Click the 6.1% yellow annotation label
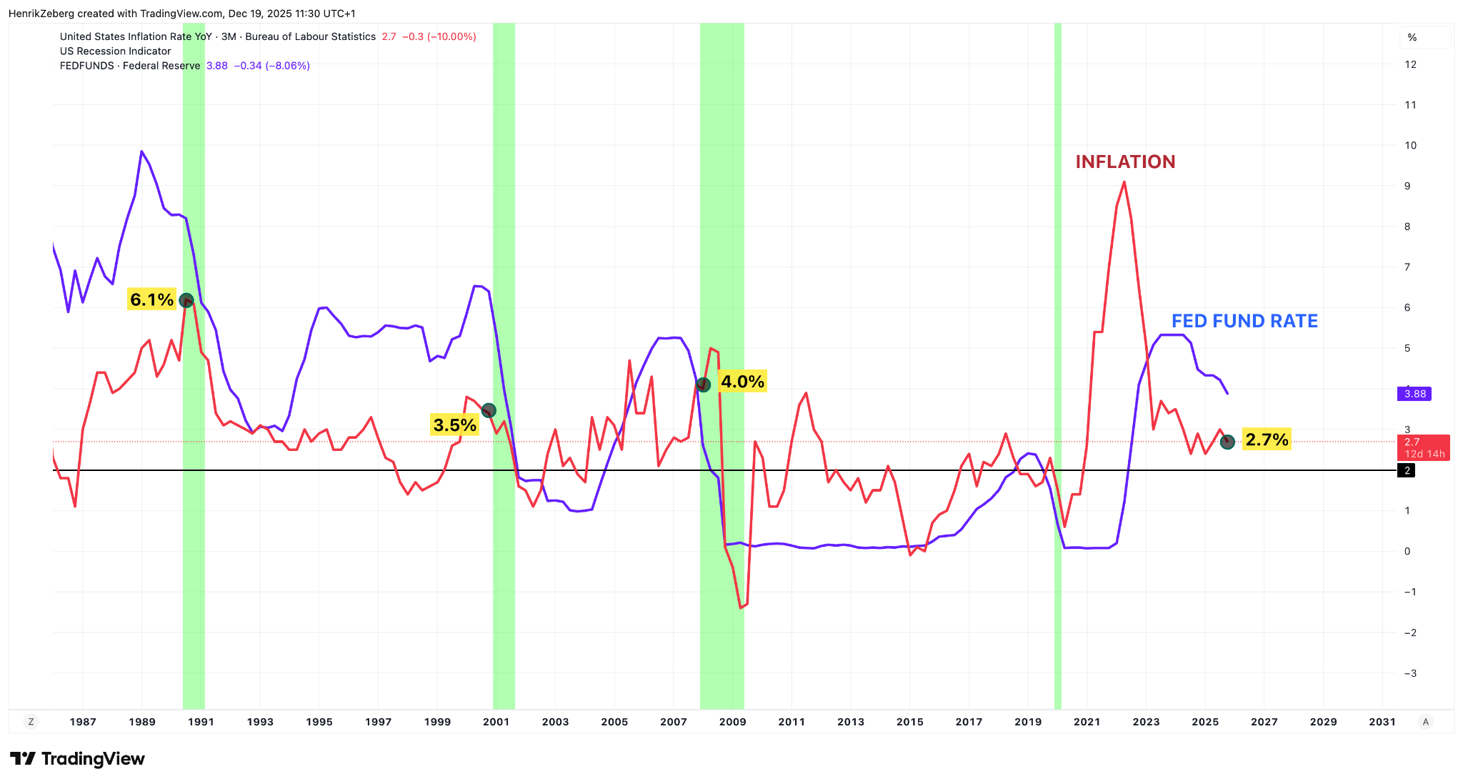pos(151,299)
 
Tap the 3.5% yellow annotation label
pos(454,425)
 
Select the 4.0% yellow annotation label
pos(742,382)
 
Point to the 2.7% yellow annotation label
pos(1267,440)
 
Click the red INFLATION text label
pos(1125,162)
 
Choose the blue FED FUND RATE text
pos(1244,322)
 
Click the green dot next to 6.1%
pos(186,300)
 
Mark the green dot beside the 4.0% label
pos(704,384)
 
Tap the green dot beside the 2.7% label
pos(1227,442)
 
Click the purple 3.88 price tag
pos(1414,394)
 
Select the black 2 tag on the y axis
pos(1407,470)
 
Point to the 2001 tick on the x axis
pos(496,722)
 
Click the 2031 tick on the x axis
pos(1382,722)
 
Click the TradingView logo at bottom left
pos(77,758)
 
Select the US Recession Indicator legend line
pos(115,51)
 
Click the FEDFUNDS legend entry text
pos(129,66)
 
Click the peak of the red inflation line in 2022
pos(1124,182)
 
